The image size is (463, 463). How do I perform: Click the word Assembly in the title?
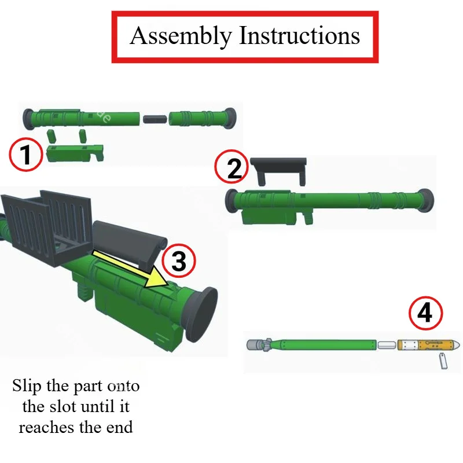click(181, 36)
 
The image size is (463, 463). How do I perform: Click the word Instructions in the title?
click(299, 35)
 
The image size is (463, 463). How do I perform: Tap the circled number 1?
click(25, 155)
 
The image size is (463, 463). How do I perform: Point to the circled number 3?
click(179, 260)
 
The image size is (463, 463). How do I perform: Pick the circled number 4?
click(425, 313)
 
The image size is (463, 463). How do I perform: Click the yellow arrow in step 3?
click(131, 269)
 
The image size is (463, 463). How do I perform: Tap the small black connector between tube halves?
click(155, 119)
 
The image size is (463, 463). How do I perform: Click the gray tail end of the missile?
click(255, 345)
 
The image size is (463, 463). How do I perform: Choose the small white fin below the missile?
click(443, 361)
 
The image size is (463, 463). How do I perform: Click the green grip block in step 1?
click(75, 153)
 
